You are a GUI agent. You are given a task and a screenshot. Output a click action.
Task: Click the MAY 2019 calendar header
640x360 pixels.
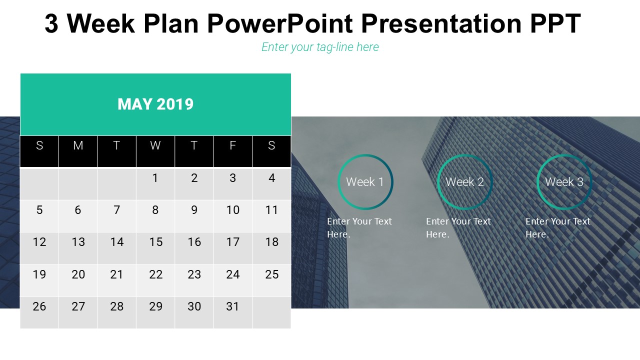[x=155, y=104]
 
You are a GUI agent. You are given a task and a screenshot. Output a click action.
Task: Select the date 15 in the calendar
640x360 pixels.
[x=155, y=242]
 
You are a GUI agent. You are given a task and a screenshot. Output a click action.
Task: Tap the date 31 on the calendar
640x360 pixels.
[x=232, y=306]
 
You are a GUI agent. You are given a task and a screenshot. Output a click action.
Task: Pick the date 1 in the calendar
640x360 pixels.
[x=155, y=178]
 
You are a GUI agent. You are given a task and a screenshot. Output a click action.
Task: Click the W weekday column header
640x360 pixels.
[x=155, y=145]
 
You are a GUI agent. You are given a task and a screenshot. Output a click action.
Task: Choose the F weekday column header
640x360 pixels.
[x=232, y=145]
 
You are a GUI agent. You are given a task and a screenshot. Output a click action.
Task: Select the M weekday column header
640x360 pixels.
[x=78, y=145]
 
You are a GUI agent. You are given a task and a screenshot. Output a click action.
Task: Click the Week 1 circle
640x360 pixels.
[x=365, y=182]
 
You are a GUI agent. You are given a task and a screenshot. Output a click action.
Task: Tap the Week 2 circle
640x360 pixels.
[x=464, y=182]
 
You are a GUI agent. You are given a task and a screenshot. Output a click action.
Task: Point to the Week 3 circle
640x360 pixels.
[x=564, y=182]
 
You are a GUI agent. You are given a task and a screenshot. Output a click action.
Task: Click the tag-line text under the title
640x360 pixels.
[x=320, y=47]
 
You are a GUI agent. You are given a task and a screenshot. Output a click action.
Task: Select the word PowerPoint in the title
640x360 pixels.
[x=279, y=23]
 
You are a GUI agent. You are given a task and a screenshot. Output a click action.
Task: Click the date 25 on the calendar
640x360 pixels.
[x=271, y=274]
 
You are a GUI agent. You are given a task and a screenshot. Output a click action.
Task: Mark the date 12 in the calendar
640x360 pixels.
[x=39, y=242]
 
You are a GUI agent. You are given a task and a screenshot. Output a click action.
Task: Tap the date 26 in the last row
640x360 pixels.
[x=39, y=306]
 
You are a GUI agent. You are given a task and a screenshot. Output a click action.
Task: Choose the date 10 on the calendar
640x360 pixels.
[x=232, y=210]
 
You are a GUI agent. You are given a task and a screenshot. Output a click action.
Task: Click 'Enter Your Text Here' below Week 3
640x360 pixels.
[x=557, y=227]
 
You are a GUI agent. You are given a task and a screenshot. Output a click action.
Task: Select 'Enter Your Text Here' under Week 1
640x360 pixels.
[x=359, y=227]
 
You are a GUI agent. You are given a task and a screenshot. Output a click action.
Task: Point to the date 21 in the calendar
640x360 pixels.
[x=116, y=274]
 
